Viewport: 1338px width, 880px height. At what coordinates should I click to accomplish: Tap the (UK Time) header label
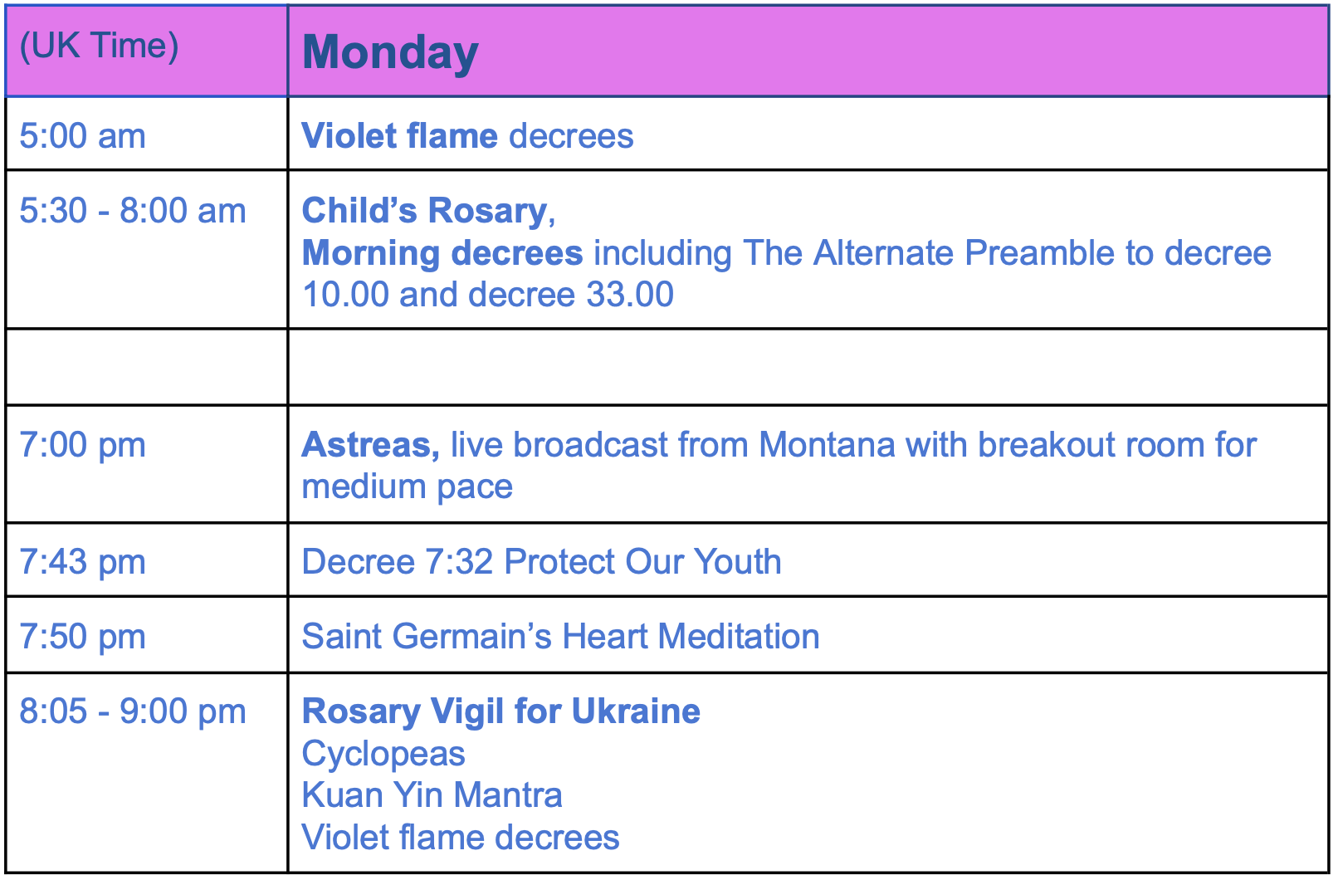coord(99,46)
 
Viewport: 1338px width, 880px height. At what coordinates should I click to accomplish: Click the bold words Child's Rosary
coord(425,211)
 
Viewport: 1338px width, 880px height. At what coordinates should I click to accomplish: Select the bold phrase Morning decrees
coord(442,252)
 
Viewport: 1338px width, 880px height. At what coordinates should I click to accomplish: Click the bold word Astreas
coord(370,445)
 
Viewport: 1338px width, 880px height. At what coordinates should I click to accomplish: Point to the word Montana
coord(827,445)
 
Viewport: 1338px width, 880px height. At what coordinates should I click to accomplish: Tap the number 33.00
coord(630,295)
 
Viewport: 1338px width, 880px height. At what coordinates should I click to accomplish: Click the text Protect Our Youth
coord(642,561)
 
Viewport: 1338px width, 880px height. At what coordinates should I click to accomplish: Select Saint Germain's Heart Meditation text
coord(560,636)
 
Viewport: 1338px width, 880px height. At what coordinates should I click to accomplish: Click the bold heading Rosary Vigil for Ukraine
coord(501,711)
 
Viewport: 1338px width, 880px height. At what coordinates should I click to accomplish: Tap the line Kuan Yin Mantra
coord(432,795)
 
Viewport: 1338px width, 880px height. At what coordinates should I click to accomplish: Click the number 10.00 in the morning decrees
coord(346,295)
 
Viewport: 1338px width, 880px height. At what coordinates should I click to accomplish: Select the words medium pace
coord(408,487)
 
